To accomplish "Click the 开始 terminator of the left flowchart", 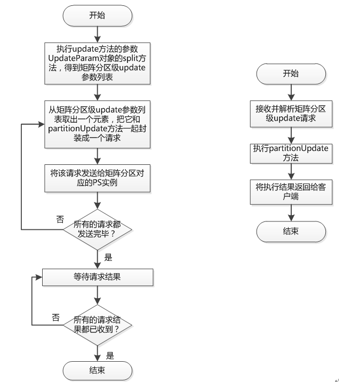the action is (98, 16).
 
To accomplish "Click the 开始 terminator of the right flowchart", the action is (291, 74).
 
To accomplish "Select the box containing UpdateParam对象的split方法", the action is (98, 63).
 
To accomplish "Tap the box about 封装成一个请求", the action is (98, 124).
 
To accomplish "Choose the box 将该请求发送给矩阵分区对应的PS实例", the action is (98, 178).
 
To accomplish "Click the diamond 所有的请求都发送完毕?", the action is (98, 229).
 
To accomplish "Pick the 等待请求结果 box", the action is (98, 277).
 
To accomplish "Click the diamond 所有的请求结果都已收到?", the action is (98, 325).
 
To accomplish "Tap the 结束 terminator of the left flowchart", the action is (98, 371).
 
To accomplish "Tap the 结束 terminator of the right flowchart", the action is (291, 232).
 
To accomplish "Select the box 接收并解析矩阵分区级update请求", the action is (291, 114).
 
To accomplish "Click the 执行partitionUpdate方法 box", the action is (291, 154).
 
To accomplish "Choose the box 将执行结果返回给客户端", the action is (291, 192).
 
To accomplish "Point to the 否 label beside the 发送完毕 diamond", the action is (60, 219).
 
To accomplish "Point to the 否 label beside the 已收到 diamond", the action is (56, 317).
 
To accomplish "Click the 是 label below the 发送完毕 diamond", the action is (108, 257).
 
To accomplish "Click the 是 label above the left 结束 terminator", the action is (110, 356).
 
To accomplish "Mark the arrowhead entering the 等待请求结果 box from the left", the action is (39, 277).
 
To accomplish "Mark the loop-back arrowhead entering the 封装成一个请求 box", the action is (42, 124).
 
